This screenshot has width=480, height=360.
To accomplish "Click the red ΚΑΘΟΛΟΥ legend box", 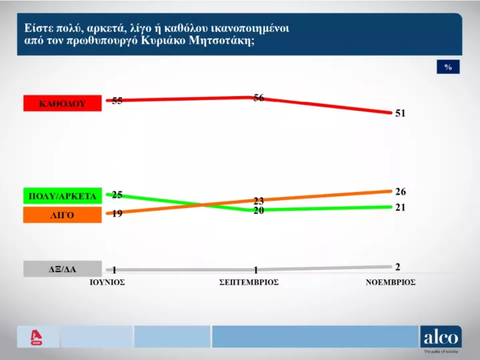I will [x=62, y=103].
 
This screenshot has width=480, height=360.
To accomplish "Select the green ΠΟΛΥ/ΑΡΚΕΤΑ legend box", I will [x=62, y=196].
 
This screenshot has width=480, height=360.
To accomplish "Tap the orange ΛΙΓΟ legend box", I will [x=62, y=215].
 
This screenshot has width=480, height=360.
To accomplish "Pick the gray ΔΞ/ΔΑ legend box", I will [x=62, y=269].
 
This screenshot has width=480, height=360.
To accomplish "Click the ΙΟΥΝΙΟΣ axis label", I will [x=108, y=282].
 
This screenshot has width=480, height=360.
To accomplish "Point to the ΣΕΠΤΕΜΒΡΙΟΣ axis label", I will [x=249, y=282].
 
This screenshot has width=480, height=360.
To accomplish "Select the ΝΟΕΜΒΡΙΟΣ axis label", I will [x=391, y=282].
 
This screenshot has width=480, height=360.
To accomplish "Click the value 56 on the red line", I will [x=259, y=98].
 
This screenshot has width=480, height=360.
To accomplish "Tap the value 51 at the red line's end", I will [x=400, y=113].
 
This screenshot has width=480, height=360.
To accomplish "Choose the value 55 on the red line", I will [x=117, y=101].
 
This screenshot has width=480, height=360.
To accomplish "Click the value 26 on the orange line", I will [x=400, y=191].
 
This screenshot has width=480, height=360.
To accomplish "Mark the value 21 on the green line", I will [x=400, y=208].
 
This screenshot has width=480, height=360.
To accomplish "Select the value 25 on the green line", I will [x=117, y=195].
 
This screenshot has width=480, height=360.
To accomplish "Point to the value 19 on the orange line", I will [x=117, y=214].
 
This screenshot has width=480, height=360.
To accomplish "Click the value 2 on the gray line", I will [x=397, y=267].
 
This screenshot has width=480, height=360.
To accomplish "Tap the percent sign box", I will [x=448, y=67].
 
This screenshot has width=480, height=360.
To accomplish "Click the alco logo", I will [x=440, y=337].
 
